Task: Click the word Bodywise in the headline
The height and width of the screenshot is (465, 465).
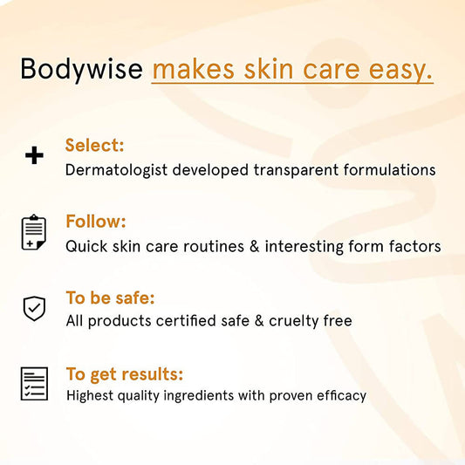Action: click(x=81, y=69)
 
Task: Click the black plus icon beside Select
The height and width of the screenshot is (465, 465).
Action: click(x=34, y=156)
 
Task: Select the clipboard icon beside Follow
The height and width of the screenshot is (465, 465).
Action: click(x=34, y=232)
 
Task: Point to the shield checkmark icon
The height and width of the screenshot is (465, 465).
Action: click(x=34, y=308)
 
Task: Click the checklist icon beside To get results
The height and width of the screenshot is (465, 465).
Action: click(x=34, y=384)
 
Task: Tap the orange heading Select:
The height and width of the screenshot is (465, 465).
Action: click(x=94, y=146)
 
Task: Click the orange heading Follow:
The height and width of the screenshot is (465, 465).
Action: click(x=95, y=222)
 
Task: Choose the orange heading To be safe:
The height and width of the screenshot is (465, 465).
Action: click(x=110, y=298)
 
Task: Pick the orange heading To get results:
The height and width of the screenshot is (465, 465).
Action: click(x=125, y=374)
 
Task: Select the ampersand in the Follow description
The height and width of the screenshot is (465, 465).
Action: click(x=255, y=246)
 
